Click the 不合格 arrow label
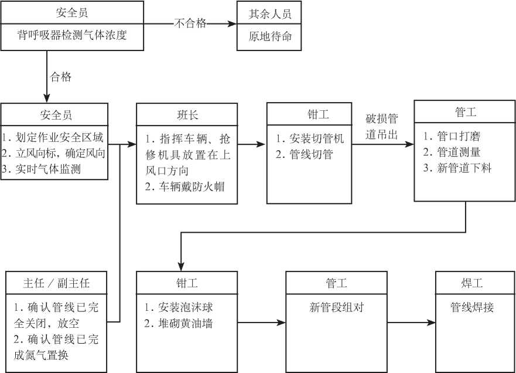pos(190,23)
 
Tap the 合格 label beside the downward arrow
pos(60,77)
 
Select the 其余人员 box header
pos(270,14)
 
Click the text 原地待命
pos(270,36)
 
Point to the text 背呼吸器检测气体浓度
pos(72,35)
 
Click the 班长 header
pos(187,115)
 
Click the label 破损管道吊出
pos(381,126)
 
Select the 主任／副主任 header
pos(56,283)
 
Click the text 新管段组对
pos(336,307)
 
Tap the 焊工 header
pos(472,283)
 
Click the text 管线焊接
pos(472,307)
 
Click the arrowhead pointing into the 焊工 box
pos(431,323)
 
